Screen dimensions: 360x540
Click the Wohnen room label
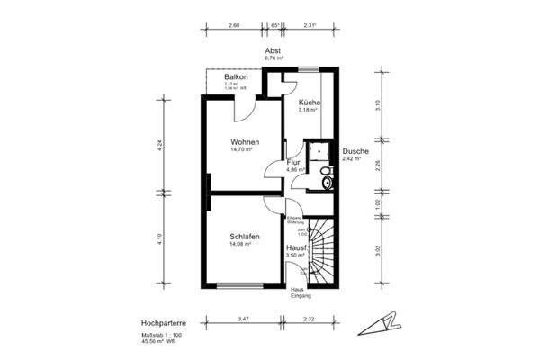click(245, 142)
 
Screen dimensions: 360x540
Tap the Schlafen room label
click(245, 236)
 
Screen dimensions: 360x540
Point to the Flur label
click(293, 162)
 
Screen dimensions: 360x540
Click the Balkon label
click(237, 78)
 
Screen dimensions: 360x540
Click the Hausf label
click(298, 247)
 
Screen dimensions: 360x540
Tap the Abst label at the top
click(274, 50)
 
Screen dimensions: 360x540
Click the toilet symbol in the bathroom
click(326, 183)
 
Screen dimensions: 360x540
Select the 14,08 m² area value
click(239, 244)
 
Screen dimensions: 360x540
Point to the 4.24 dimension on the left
click(159, 145)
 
